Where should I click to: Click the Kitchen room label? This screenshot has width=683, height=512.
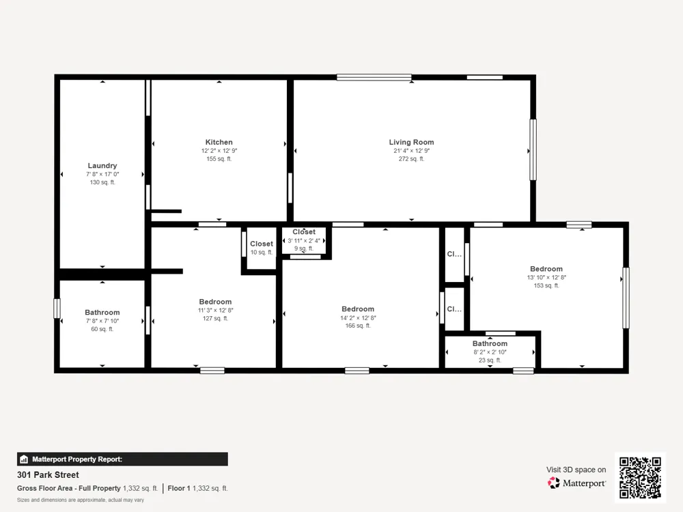(219, 142)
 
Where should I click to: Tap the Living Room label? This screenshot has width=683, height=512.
(411, 142)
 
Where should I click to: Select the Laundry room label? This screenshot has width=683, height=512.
(102, 165)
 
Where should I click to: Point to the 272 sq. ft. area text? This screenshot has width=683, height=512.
(411, 159)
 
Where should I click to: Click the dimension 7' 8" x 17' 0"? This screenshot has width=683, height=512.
(102, 174)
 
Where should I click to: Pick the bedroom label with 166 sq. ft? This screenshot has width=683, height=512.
(358, 309)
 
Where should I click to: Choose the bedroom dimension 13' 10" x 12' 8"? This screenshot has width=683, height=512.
(546, 277)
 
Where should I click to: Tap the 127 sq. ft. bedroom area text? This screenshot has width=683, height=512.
(215, 318)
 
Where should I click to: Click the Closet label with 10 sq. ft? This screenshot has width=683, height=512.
(262, 244)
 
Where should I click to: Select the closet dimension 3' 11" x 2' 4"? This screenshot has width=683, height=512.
(304, 240)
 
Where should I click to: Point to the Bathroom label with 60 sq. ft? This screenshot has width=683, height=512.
(102, 312)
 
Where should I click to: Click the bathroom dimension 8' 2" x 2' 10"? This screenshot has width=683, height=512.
(490, 352)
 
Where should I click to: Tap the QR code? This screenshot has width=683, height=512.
(641, 478)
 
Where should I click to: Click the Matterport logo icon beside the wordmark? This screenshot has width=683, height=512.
(554, 483)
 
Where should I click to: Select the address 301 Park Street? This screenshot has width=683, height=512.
(48, 474)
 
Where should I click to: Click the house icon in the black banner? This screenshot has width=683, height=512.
(24, 459)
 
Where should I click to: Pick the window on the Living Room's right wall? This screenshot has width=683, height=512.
(533, 150)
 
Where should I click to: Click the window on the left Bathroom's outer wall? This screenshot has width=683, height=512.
(57, 309)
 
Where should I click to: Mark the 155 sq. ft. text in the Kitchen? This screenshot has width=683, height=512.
(219, 159)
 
